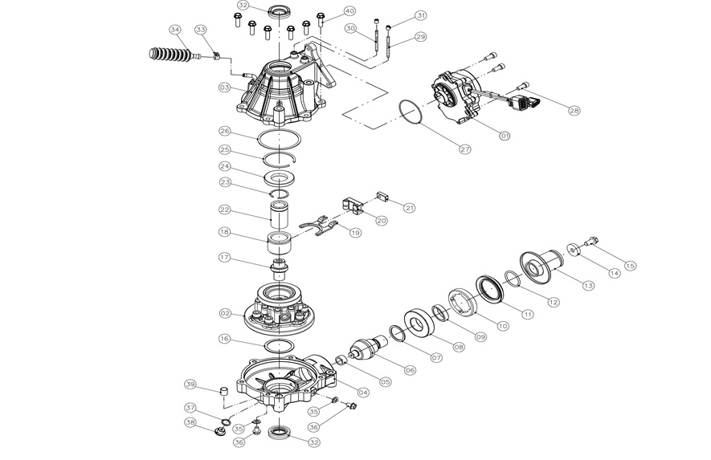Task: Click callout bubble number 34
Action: point(175,29)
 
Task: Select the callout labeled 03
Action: point(225,87)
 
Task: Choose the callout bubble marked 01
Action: point(505,136)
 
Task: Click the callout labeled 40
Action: point(349,11)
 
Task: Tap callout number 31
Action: point(421,15)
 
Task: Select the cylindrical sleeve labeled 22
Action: point(280,215)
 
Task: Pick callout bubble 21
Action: point(410,208)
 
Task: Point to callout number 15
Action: point(630,266)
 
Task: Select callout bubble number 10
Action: point(503,326)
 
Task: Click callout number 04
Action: point(363,393)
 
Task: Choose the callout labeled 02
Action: point(226,313)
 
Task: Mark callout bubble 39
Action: point(190,383)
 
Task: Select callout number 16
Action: point(226,340)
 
